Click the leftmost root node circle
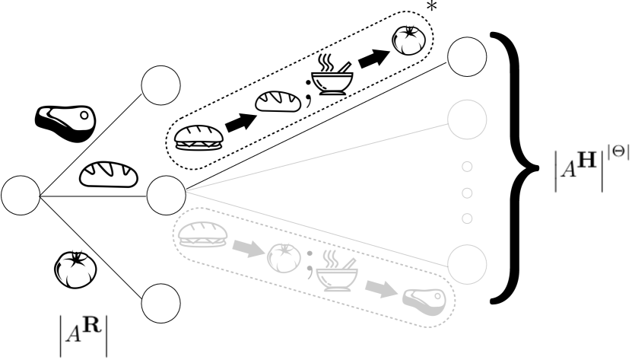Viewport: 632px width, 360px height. [21, 196]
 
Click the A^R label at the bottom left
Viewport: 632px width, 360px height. [84, 333]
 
